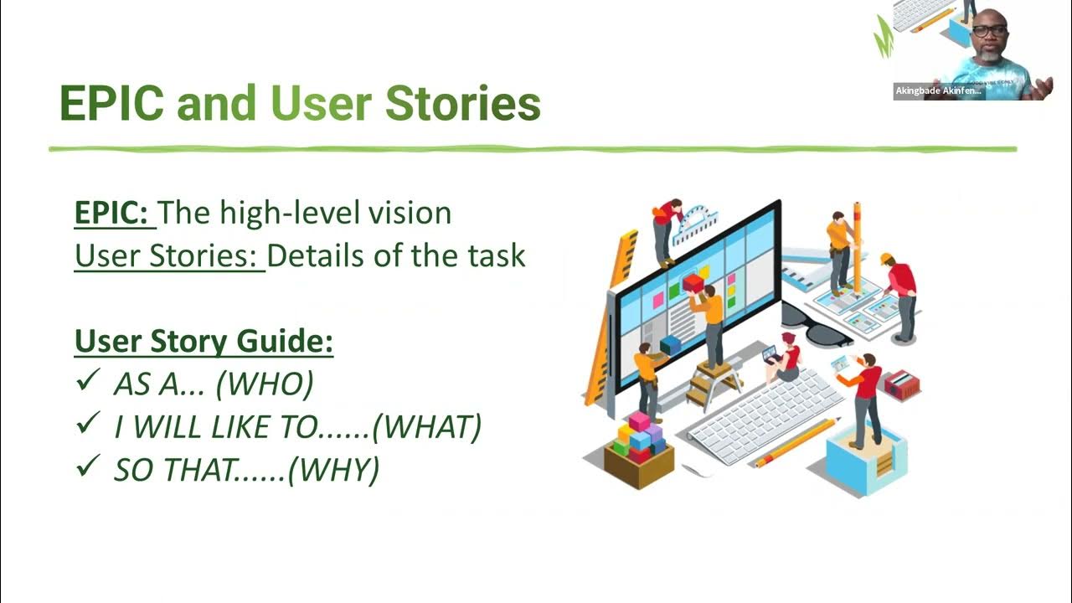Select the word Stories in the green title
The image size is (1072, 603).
pos(462,104)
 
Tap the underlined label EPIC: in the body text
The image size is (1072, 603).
pos(115,213)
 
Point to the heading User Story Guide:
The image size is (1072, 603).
pos(204,342)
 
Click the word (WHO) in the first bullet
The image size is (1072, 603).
pos(264,384)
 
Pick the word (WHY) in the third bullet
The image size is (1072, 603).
pos(332,470)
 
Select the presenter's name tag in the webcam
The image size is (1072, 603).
pos(938,91)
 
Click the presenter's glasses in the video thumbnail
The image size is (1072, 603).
pos(990,30)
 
